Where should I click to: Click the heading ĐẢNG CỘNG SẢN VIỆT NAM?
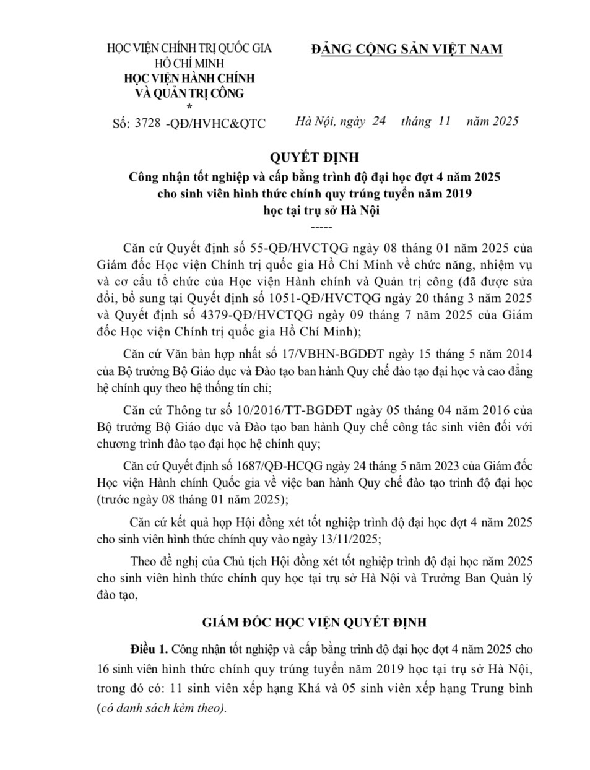407,50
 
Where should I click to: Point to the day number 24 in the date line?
379,121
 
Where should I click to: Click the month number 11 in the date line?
443,121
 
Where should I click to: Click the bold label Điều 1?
149,650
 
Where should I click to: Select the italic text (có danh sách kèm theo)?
162,708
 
